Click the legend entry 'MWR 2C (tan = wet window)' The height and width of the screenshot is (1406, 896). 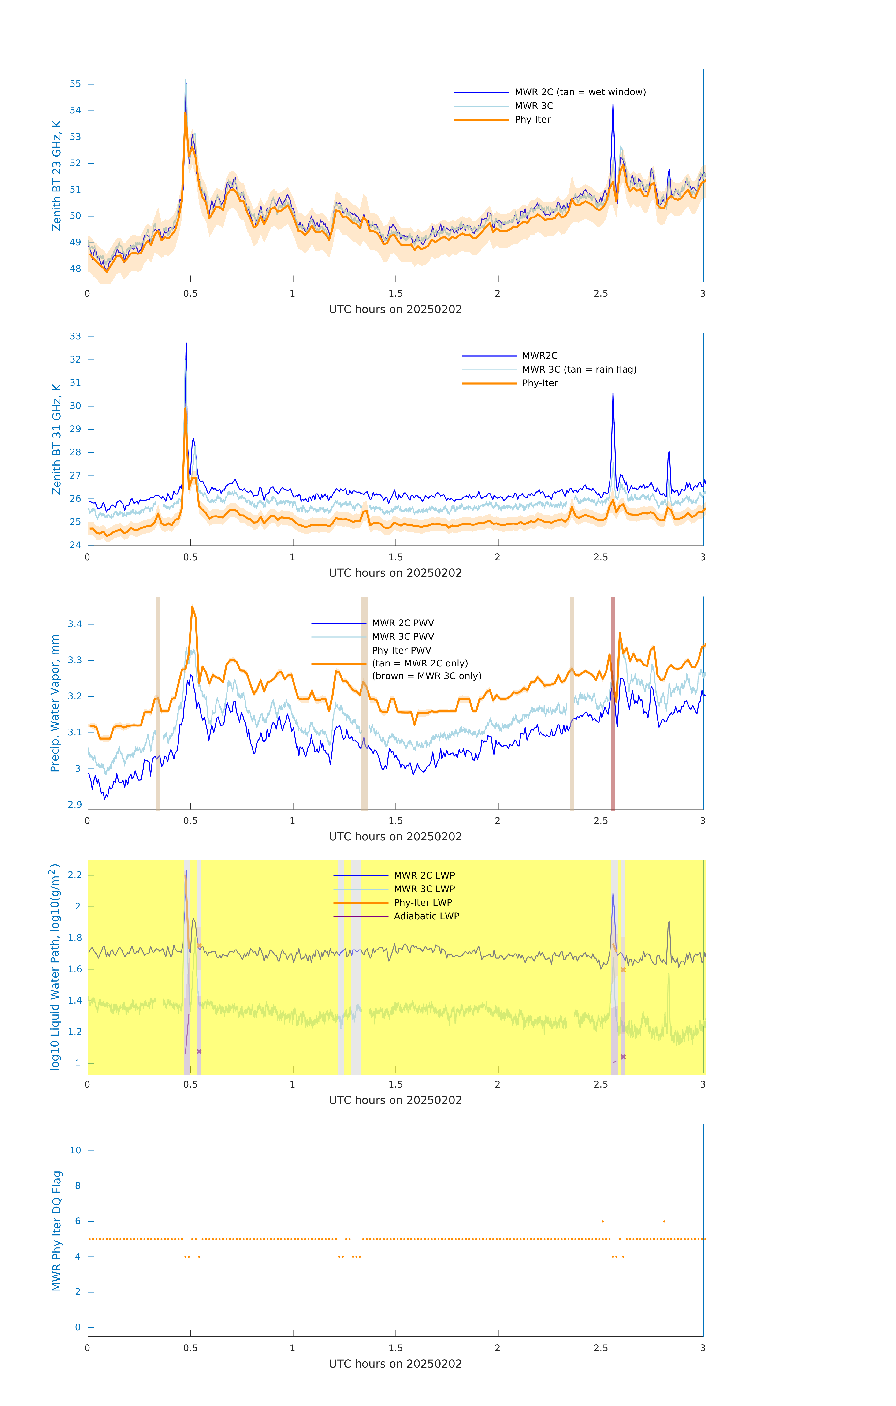coord(580,92)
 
